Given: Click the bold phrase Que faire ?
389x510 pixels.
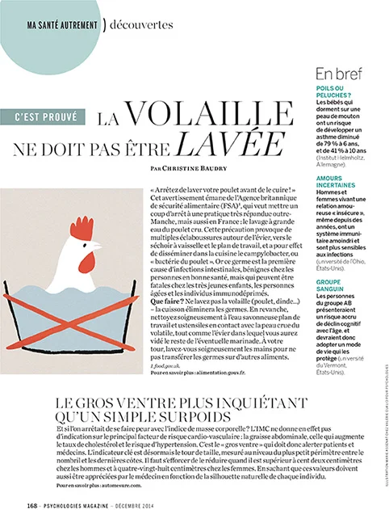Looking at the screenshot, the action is [167, 298].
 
